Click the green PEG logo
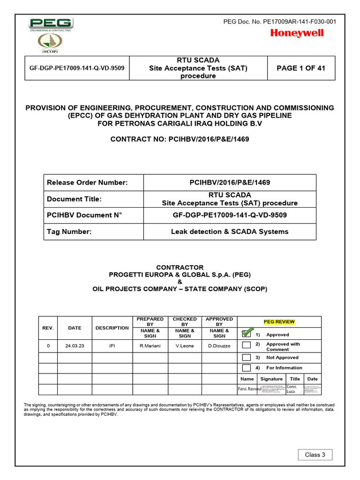coord(51,24)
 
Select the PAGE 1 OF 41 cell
coord(300,68)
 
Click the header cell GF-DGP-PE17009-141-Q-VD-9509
coord(77,68)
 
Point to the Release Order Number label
coord(87,182)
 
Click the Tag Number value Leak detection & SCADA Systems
coord(230,232)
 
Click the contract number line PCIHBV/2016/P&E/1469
coord(180,139)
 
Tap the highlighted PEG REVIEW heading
coord(279,322)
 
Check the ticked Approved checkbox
coord(247,334)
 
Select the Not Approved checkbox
coord(247,357)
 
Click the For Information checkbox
coord(247,368)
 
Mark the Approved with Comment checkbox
coord(247,345)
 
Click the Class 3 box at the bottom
coord(315,455)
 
